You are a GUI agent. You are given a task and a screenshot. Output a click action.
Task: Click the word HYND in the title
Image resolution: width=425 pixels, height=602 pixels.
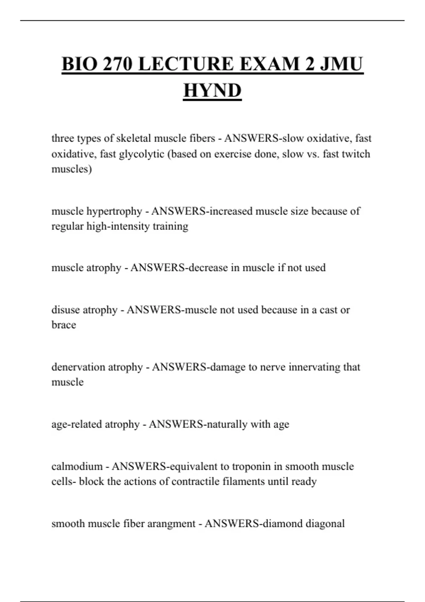tap(212, 90)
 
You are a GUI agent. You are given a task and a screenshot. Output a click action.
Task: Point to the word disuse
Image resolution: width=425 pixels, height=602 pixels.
tap(66, 310)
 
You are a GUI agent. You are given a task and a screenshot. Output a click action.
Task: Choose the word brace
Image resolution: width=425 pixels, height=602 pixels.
tap(64, 325)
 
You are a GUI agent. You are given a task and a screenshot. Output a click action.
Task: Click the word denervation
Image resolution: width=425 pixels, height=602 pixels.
tap(78, 367)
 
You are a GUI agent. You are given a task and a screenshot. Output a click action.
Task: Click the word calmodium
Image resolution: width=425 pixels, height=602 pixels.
tap(77, 466)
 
